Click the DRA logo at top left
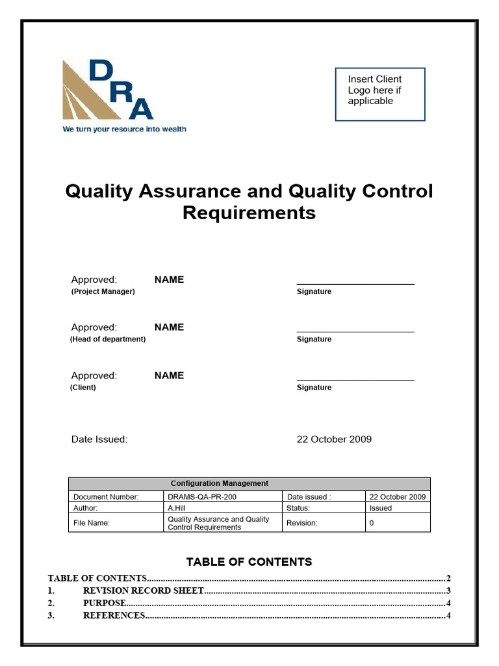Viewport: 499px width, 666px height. point(107,91)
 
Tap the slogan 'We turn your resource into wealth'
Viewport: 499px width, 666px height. point(124,129)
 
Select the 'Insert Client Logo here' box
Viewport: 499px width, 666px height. point(380,94)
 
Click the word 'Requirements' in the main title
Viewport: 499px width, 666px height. point(249,213)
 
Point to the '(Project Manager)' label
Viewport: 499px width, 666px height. point(103,291)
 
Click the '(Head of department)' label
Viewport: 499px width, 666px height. point(108,339)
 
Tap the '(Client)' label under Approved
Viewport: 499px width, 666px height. point(83,387)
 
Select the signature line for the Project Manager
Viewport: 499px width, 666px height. point(355,284)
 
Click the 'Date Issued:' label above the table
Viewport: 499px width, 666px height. point(99,439)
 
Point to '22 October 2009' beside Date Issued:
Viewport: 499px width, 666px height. point(334,439)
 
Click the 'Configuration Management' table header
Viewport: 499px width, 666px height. point(219,483)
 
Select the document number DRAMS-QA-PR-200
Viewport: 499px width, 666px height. point(202,497)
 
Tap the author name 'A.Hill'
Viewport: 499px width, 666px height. point(177,508)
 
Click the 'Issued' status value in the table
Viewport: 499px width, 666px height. point(381,508)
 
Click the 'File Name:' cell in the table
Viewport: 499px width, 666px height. point(92,523)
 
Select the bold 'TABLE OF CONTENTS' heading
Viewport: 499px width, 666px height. point(249,561)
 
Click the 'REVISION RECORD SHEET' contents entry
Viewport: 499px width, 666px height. point(143,591)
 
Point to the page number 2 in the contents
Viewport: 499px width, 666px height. point(448,578)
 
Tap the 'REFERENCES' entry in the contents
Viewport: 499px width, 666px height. point(114,615)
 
